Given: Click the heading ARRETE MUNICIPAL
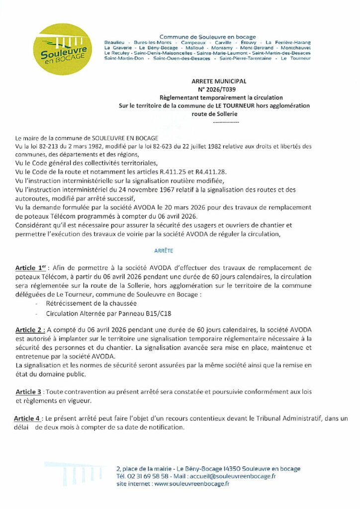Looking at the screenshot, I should [x=212, y=81].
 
